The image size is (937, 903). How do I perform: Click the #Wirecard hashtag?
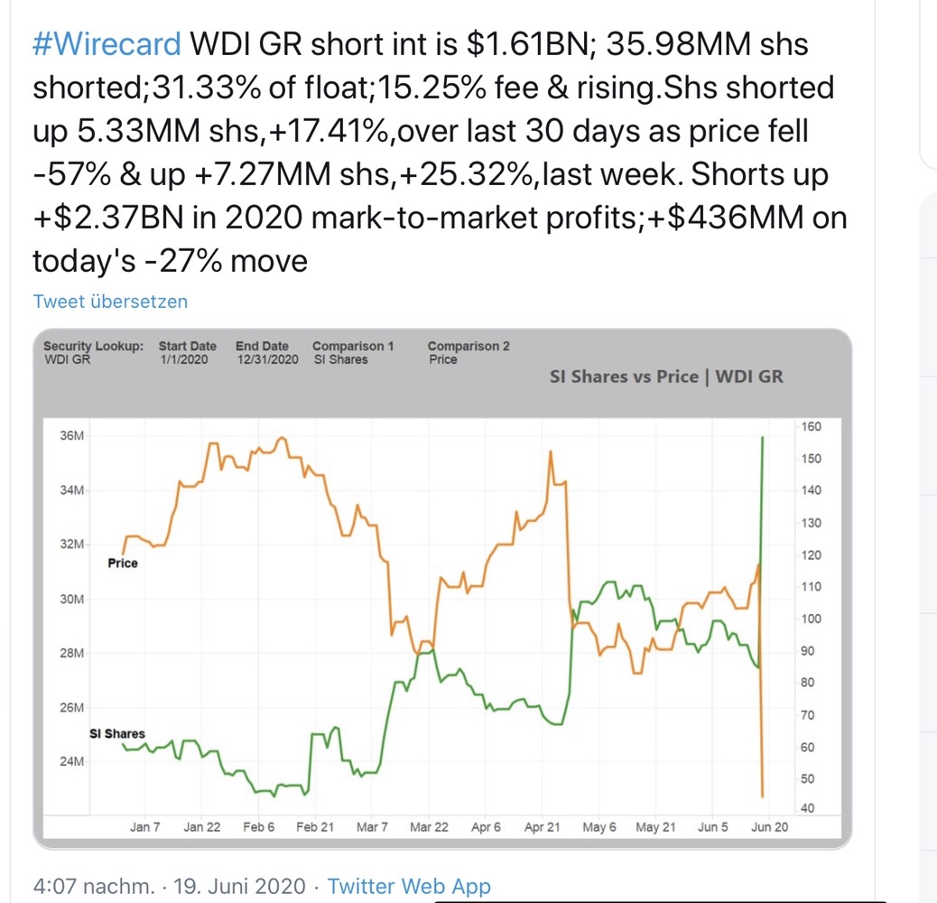[x=107, y=44]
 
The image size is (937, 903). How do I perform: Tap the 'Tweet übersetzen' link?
[x=110, y=302]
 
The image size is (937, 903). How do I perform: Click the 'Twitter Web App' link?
[x=409, y=886]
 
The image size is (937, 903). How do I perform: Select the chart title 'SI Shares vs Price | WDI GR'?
[x=666, y=377]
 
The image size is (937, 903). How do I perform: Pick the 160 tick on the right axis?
[x=810, y=426]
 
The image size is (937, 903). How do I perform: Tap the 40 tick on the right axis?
[x=806, y=808]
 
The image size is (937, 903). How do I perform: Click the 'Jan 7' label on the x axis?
[x=145, y=827]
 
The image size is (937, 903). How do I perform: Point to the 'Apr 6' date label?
[x=486, y=827]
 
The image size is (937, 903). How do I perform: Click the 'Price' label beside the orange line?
[x=123, y=563]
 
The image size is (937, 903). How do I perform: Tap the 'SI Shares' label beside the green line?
[x=117, y=734]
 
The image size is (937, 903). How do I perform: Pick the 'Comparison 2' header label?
[x=468, y=346]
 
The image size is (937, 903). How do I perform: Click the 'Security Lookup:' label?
[x=93, y=346]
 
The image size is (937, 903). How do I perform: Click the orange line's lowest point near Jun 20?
[x=763, y=796]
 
